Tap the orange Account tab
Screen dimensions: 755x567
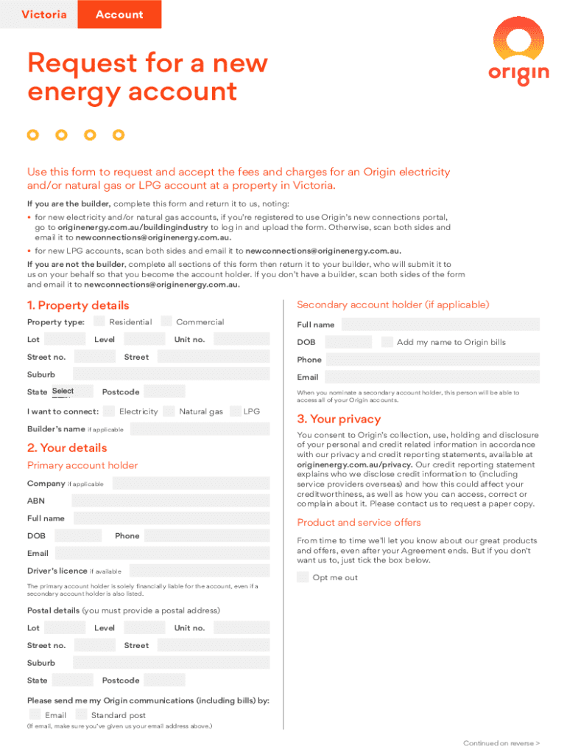pyautogui.click(x=119, y=15)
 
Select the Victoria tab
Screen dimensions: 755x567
pyautogui.click(x=44, y=15)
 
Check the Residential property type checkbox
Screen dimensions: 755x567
pyautogui.click(x=99, y=321)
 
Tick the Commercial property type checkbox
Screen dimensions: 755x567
pyautogui.click(x=166, y=321)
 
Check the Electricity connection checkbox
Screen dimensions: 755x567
pyautogui.click(x=109, y=411)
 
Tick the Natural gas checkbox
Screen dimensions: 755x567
pyautogui.click(x=169, y=411)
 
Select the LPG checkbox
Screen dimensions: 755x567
pyautogui.click(x=236, y=411)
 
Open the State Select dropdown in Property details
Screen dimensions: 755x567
pyautogui.click(x=72, y=392)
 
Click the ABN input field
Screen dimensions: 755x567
pyautogui.click(x=165, y=501)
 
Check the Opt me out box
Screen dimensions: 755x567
pyautogui.click(x=303, y=577)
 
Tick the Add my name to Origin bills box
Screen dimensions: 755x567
pyautogui.click(x=387, y=342)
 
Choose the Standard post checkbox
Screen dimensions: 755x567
pyautogui.click(x=81, y=714)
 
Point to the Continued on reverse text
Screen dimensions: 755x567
pyautogui.click(x=501, y=743)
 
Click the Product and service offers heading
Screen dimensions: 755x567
pyautogui.click(x=359, y=523)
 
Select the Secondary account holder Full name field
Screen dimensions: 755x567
pyautogui.click(x=440, y=324)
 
